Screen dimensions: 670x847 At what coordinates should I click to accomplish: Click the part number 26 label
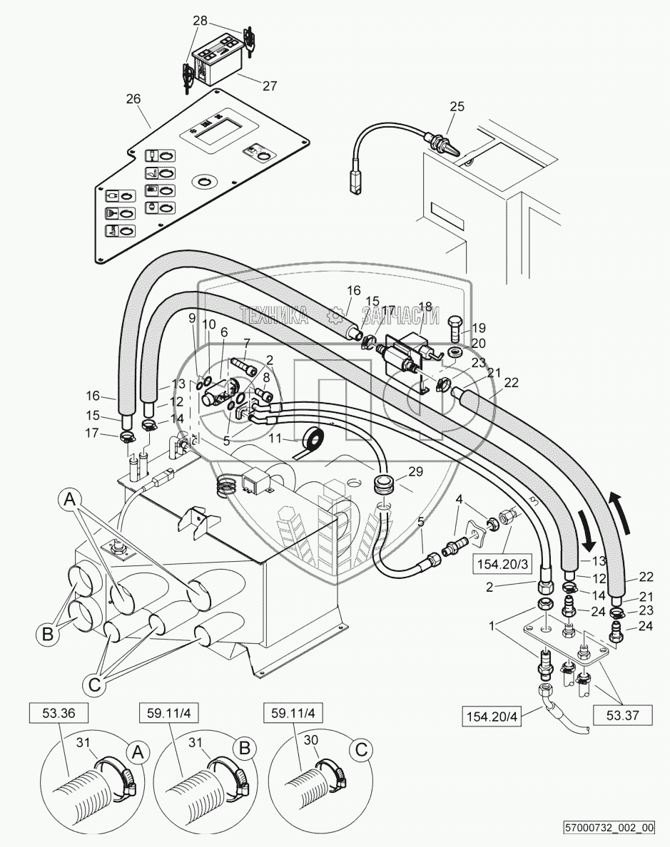(133, 99)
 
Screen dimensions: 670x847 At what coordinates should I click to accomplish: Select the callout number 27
(270, 86)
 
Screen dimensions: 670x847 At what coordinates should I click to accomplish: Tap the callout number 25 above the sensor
(457, 106)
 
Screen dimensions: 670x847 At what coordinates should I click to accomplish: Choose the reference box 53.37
(622, 716)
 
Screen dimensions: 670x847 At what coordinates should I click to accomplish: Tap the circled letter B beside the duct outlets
(48, 634)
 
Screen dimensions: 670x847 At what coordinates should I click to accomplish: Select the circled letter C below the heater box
(94, 685)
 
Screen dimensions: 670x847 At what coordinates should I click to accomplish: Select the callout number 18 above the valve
(425, 307)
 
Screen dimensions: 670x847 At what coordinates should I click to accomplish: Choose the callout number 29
(416, 473)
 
